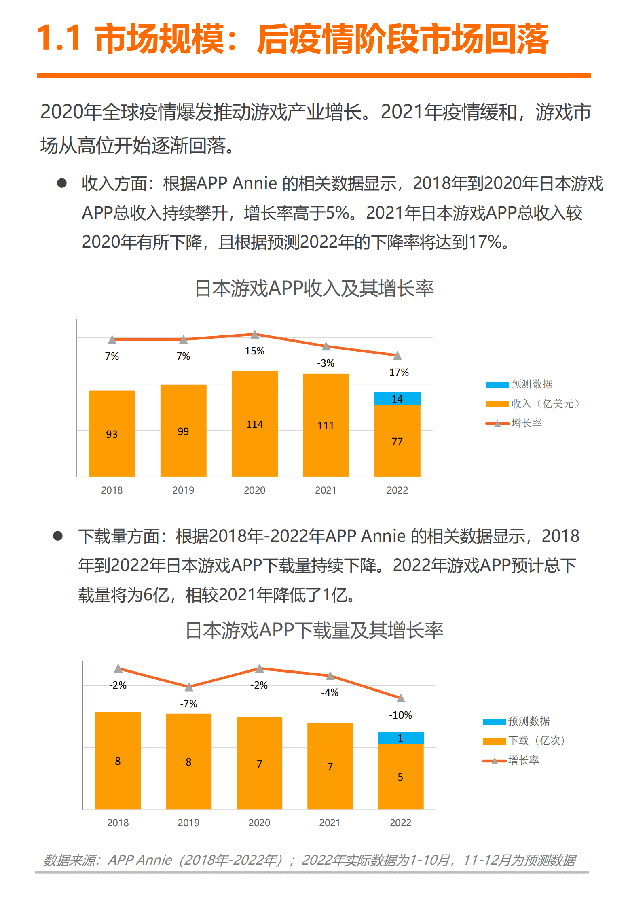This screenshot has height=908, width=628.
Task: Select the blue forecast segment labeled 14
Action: [x=397, y=399]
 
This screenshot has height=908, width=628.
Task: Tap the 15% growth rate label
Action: [x=254, y=351]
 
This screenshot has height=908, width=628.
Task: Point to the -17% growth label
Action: [x=397, y=372]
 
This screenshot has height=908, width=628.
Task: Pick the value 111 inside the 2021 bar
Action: [x=326, y=426]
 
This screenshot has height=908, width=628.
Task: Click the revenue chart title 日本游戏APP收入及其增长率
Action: [x=314, y=289]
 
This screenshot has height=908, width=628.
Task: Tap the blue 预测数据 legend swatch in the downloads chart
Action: [x=494, y=721]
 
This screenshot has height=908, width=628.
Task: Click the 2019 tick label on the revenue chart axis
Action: [x=183, y=490]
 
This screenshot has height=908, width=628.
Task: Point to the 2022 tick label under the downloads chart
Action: [x=400, y=823]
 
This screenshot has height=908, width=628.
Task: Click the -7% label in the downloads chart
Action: [x=188, y=704]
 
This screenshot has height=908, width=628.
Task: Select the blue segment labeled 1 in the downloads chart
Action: [x=400, y=738]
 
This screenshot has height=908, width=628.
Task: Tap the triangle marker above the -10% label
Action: [x=401, y=698]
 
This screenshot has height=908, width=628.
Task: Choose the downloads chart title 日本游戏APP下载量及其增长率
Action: [x=314, y=630]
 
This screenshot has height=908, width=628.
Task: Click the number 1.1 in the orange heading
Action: [x=59, y=38]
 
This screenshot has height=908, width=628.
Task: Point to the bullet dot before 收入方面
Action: [x=62, y=183]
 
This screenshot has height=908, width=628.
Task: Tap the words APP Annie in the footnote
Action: [x=140, y=859]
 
